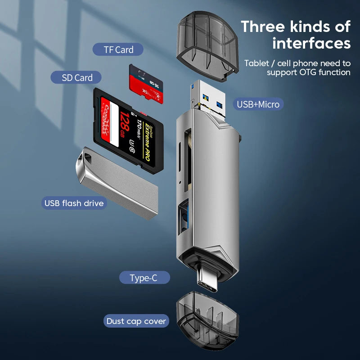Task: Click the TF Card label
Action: point(118,49)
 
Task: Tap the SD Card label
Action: point(77,77)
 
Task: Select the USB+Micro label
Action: point(258,104)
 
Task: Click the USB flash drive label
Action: point(74,203)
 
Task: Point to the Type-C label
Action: point(144,278)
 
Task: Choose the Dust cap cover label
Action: point(136,321)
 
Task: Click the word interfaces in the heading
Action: point(311,43)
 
